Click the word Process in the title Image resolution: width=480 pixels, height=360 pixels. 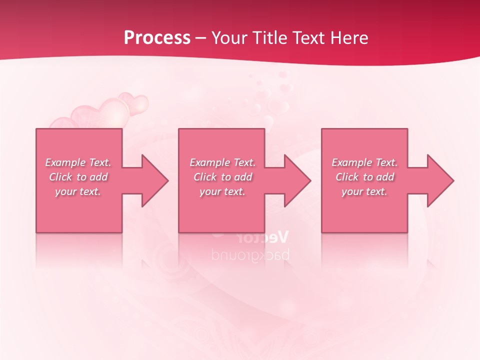157,38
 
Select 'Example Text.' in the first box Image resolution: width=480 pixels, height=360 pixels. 78,162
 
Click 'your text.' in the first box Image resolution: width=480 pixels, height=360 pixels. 78,191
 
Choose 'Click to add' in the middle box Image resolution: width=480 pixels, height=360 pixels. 222,177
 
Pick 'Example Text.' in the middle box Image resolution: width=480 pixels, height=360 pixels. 222,162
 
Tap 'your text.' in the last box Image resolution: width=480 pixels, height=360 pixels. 364,191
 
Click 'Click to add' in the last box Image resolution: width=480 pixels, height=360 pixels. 364,177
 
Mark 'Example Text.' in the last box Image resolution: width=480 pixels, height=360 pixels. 364,162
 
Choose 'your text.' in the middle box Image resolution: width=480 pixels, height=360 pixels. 222,191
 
